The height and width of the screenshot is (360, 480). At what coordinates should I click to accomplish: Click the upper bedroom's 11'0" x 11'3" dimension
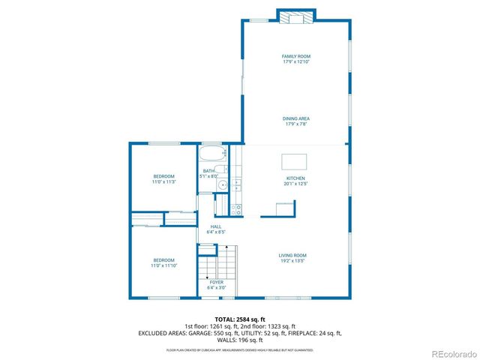tap(163, 181)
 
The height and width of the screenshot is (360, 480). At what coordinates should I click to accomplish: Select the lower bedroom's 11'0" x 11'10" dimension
tap(163, 265)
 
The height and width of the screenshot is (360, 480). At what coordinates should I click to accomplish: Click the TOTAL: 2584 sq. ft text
tap(240, 319)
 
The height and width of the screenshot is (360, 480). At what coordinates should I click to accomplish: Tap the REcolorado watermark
tap(451, 353)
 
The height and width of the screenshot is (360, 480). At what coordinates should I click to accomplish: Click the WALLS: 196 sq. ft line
tap(240, 339)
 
